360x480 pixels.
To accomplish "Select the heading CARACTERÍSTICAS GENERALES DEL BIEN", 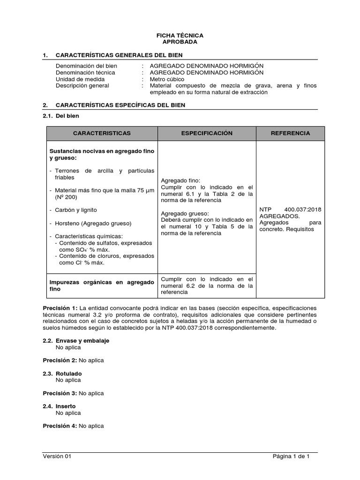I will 119,55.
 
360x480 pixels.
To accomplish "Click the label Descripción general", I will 82,86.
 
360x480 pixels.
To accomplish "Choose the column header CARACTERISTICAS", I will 102,134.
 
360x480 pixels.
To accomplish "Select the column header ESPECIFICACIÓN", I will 207,134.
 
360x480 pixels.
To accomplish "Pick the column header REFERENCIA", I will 290,134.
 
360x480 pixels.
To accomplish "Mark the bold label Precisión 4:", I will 60,426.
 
